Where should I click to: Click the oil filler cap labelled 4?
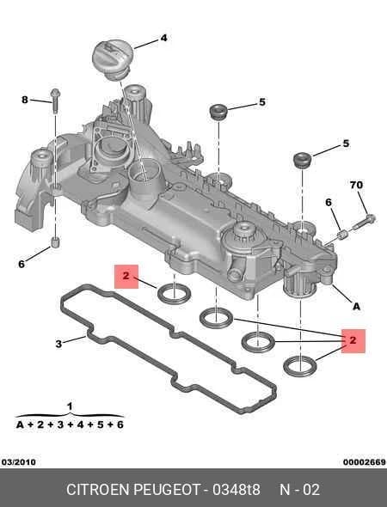coord(113,59)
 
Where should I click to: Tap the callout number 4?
coord(163,38)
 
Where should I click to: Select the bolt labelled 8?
coord(55,101)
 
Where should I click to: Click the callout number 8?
coord(25,100)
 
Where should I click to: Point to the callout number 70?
coord(356,185)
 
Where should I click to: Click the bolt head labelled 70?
coord(372,219)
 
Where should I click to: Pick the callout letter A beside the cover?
coord(356,306)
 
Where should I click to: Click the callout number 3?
coord(58,344)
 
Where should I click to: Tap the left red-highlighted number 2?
coord(126,276)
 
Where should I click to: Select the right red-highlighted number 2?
coord(353,340)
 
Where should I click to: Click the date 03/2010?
coord(19,462)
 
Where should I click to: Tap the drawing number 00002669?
coord(365,462)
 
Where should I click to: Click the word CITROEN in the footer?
coord(98,490)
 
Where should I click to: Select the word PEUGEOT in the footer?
coord(167,490)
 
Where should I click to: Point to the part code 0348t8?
coord(236,490)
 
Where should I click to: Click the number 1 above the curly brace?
coord(70,406)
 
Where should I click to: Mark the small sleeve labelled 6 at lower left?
coord(56,241)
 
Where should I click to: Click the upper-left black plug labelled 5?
coord(218,112)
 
